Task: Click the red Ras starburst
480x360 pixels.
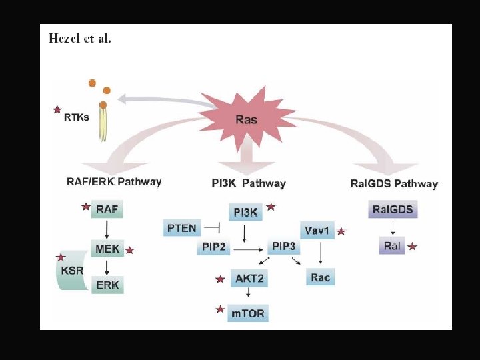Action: coord(245,119)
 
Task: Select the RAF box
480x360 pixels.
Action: coord(107,209)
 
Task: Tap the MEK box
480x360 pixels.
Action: coord(107,249)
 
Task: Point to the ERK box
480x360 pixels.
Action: coord(107,285)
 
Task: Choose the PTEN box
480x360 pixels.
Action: coord(181,228)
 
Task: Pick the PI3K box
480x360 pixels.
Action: coord(245,212)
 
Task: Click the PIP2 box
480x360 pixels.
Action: coord(213,247)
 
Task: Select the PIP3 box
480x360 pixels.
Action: coord(283,247)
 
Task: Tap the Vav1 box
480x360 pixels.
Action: coord(317,231)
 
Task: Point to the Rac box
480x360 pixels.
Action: coord(320,277)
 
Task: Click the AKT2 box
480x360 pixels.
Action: coord(249,279)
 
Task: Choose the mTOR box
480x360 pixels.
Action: coord(248,313)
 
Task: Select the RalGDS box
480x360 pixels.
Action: coord(393,209)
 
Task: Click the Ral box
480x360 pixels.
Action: coord(392,246)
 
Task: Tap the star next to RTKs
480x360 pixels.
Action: coord(57,109)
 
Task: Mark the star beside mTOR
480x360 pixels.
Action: coord(219,309)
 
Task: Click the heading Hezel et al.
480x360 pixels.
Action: coord(80,39)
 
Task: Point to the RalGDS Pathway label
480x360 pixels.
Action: coord(394,183)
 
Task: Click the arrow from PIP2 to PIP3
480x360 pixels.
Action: coord(247,249)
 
